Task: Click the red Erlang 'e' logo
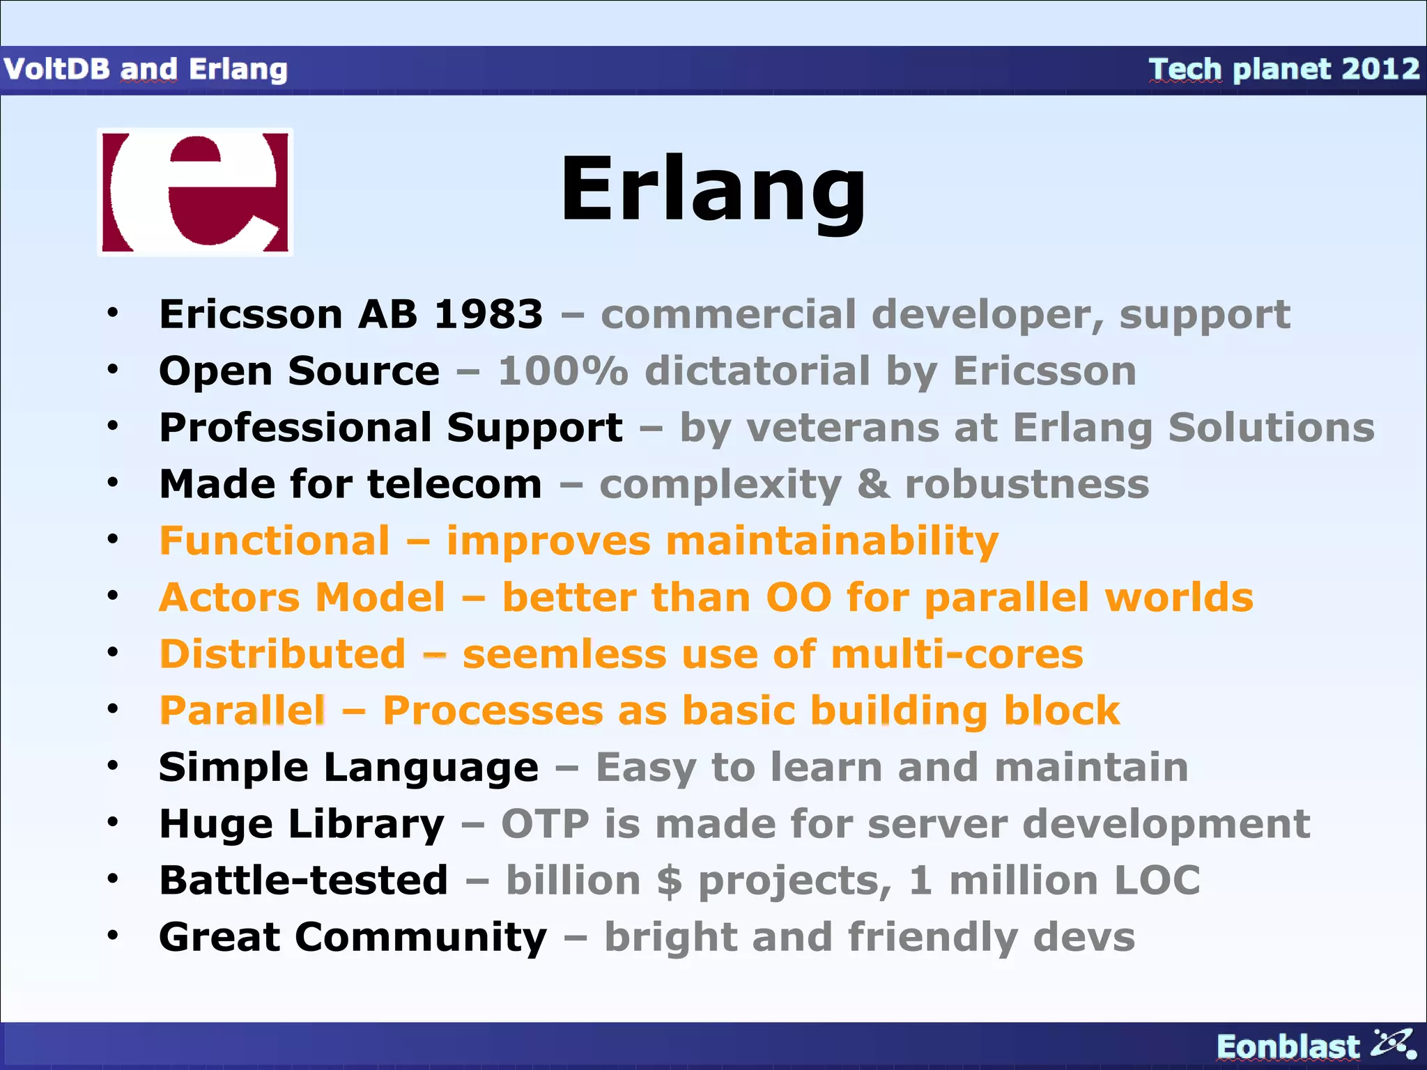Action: click(195, 192)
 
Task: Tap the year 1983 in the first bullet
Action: click(488, 314)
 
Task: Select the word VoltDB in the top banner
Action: click(56, 69)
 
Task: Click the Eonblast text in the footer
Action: click(1287, 1046)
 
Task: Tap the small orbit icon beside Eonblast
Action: click(1394, 1043)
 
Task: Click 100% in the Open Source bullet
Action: click(562, 371)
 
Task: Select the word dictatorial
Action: click(757, 371)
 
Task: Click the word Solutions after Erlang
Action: click(1271, 427)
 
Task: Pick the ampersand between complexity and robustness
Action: click(873, 483)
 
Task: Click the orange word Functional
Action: click(275, 541)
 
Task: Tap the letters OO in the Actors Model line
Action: click(799, 598)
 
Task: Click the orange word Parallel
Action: click(242, 711)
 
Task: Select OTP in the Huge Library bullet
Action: click(545, 824)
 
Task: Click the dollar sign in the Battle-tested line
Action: click(669, 881)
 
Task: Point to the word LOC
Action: click(1157, 881)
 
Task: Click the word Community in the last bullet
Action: click(421, 937)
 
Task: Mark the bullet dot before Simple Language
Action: click(113, 766)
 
